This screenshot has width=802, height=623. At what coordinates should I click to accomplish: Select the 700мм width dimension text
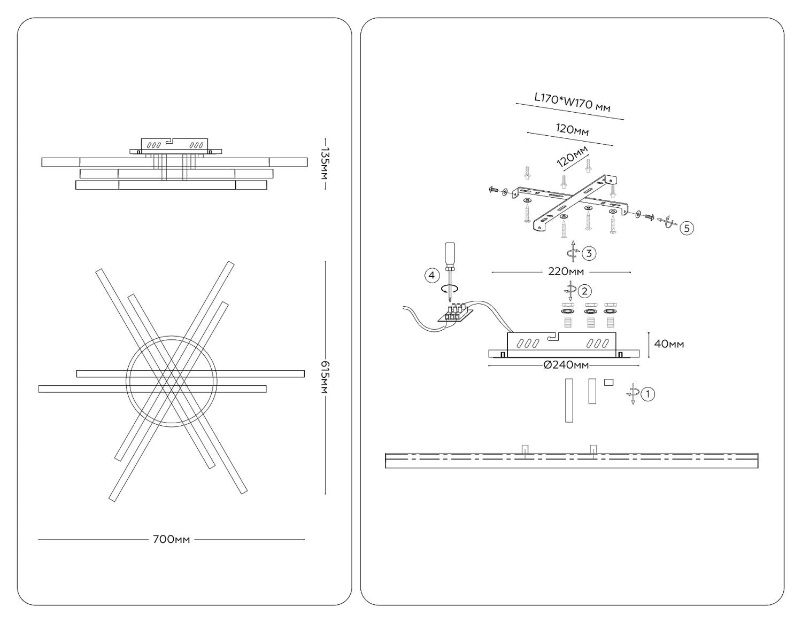coord(171,540)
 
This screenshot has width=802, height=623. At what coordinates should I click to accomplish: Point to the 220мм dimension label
coord(566,272)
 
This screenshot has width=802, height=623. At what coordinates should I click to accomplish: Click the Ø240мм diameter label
coord(566,365)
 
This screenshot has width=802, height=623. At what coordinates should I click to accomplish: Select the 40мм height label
coord(669,344)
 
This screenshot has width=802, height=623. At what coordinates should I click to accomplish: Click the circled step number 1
coord(647,394)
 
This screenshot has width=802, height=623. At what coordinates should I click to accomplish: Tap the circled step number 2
coord(584,291)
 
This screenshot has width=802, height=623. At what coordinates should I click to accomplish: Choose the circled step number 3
coord(589,253)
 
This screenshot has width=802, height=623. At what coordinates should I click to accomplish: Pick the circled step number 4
coord(432,276)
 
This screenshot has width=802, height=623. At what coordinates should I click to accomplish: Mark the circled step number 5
coord(687,228)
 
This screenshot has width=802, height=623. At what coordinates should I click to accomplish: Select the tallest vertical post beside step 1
coord(569,400)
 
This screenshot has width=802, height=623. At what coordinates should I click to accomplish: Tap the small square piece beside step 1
coord(608,382)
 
